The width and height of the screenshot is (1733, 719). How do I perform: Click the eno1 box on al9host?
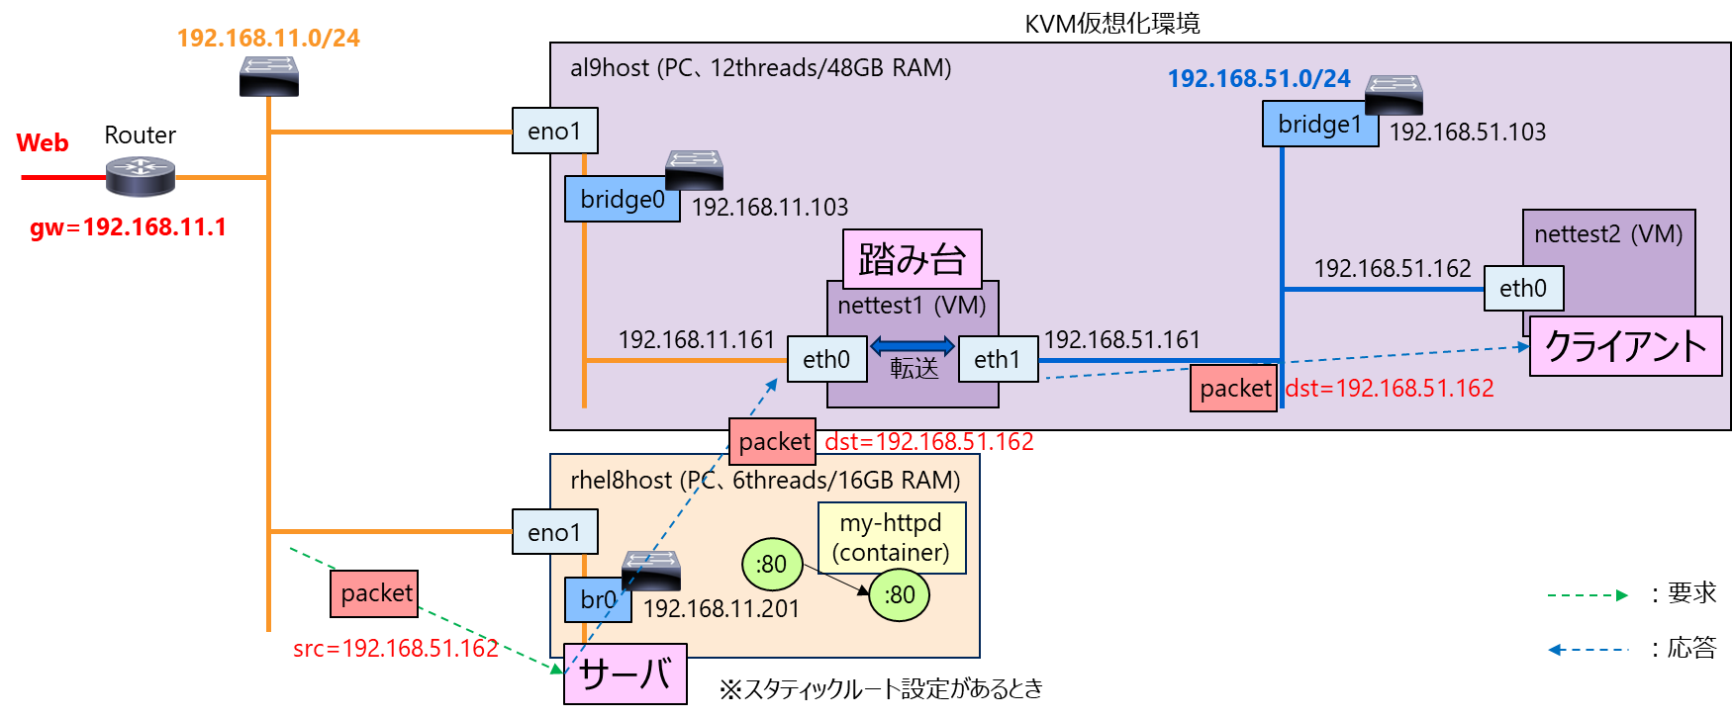tap(555, 131)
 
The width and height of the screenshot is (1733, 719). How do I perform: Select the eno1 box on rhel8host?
tap(555, 532)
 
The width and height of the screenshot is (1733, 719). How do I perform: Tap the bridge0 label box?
tap(622, 199)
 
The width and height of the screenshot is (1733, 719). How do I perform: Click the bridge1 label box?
tap(1319, 125)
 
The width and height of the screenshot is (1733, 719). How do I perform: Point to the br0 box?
tap(598, 600)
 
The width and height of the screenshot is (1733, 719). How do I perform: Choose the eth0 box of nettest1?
tap(826, 360)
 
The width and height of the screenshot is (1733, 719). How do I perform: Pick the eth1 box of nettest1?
tap(998, 360)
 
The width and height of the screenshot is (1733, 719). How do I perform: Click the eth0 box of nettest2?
tap(1523, 289)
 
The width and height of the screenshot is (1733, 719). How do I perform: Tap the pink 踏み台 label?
tap(912, 259)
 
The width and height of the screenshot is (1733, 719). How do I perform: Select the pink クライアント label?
tap(1625, 346)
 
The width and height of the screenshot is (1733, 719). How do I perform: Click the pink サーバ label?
tap(625, 674)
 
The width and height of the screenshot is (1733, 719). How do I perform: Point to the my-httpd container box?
tap(892, 538)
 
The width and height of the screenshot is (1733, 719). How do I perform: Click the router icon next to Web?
tap(141, 176)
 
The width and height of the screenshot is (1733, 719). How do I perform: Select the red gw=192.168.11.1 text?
tap(128, 227)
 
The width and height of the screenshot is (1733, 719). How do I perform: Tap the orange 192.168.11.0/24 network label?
tap(268, 39)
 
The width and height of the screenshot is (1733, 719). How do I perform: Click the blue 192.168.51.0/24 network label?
tap(1259, 79)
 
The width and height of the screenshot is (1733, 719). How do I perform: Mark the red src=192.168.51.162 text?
tap(396, 649)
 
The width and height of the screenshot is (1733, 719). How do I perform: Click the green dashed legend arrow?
tap(1588, 595)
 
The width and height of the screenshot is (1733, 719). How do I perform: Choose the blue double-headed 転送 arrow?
tap(913, 346)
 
